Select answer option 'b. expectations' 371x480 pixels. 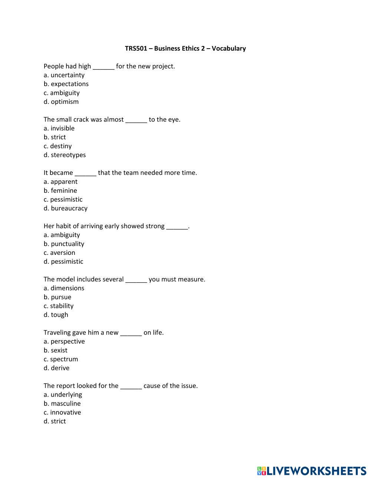tap(66, 84)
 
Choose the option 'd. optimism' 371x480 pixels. tap(61, 102)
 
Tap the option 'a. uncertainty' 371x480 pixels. tap(64, 75)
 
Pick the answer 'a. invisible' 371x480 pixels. tap(59, 129)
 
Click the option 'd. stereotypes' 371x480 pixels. tap(65, 155)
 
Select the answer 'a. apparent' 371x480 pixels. tap(60, 182)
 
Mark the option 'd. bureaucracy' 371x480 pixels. tap(66, 208)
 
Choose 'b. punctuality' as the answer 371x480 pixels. tap(64, 244)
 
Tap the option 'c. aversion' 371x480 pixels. tap(59, 253)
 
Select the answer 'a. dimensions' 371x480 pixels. tap(64, 288)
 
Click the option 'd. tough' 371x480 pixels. tap(56, 315)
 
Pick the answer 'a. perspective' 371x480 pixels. tap(64, 342)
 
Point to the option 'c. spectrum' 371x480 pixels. tap(61, 359)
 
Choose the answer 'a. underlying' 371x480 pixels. tap(63, 395)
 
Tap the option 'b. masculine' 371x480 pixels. tap(62, 404)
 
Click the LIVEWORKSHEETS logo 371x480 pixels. tap(312, 471)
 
